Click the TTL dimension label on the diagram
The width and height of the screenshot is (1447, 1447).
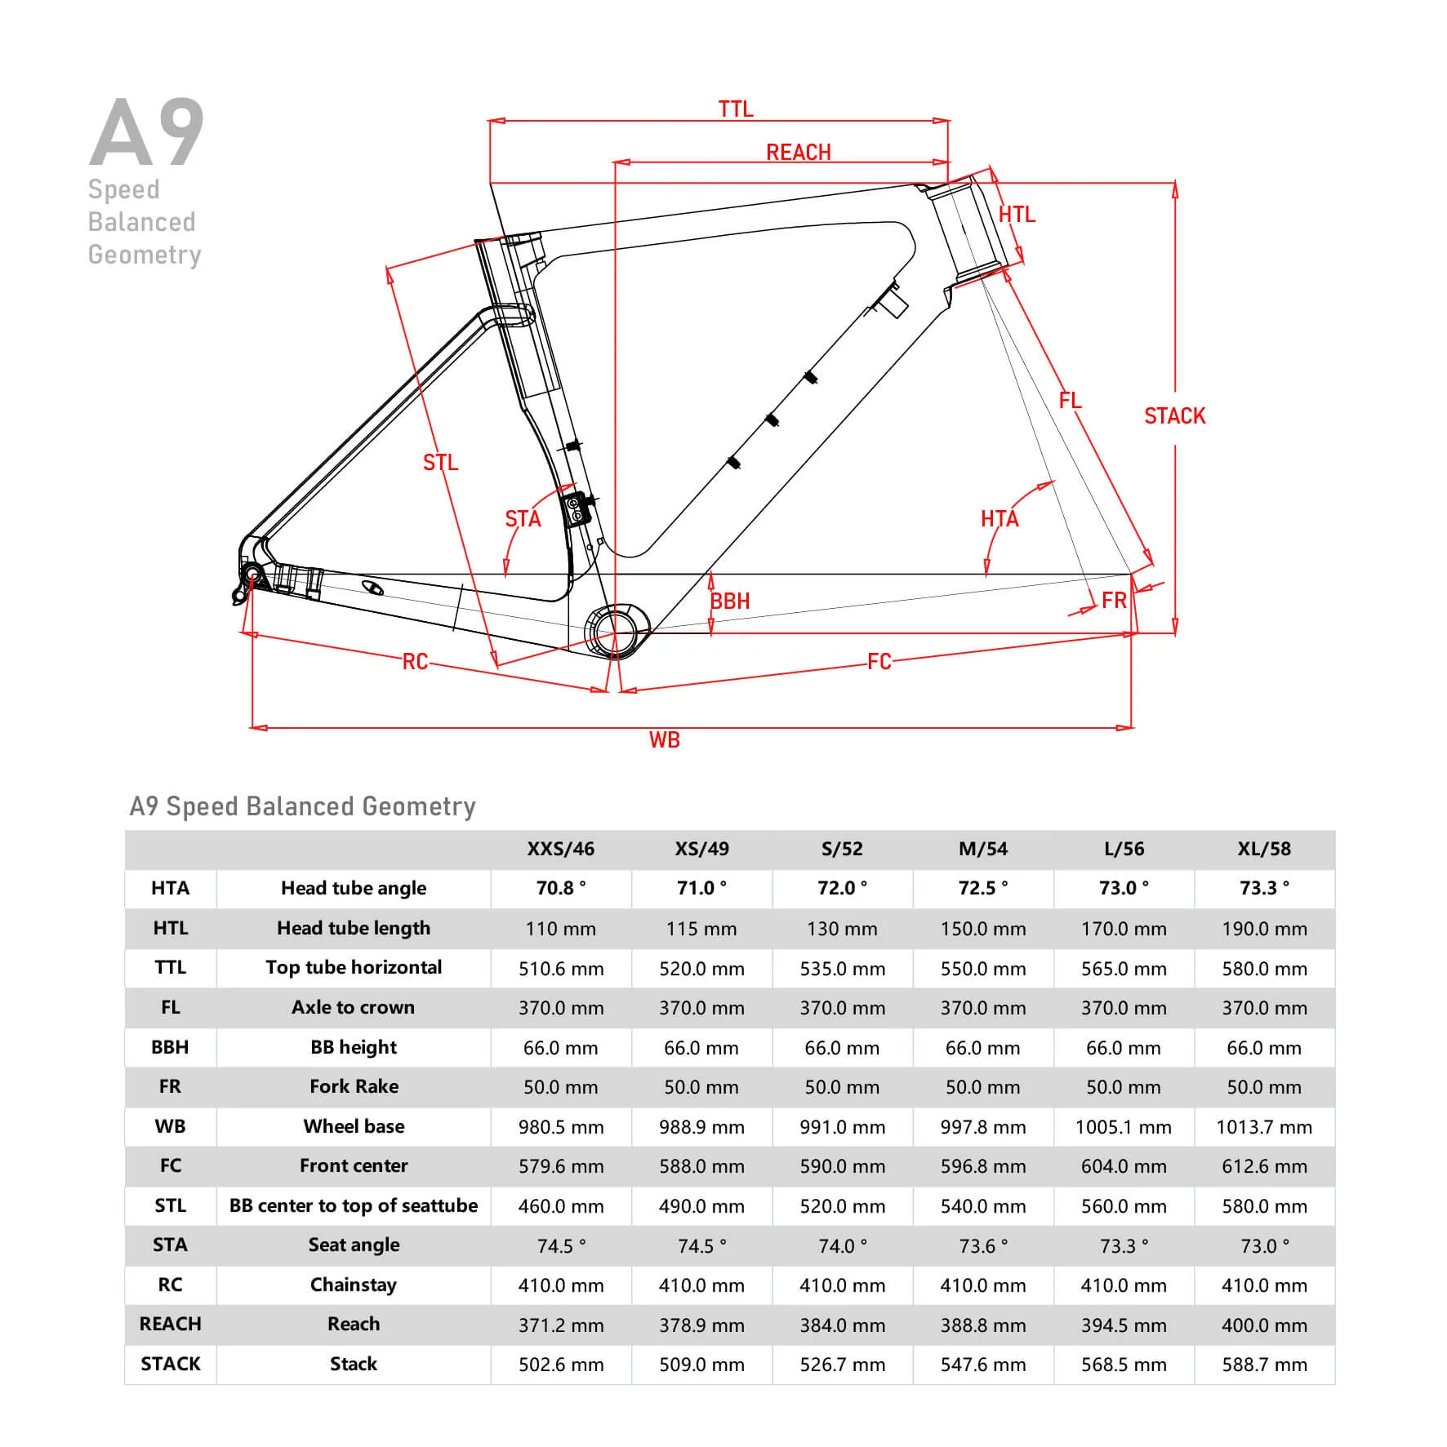[x=735, y=109]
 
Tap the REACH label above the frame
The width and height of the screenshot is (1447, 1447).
[x=798, y=153]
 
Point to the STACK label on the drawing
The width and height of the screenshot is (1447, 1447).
[x=1174, y=416]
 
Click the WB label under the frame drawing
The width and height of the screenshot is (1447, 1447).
[x=664, y=740]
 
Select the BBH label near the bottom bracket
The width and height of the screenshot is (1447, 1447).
[x=729, y=601]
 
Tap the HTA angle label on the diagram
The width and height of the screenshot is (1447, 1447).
[x=1000, y=519]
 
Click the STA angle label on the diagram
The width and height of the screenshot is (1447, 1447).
[x=523, y=519]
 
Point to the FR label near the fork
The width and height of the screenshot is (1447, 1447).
[x=1114, y=601]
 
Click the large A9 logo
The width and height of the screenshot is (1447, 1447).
[x=147, y=132]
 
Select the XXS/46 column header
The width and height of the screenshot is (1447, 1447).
[x=560, y=849]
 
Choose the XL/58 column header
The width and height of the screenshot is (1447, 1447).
[x=1264, y=849]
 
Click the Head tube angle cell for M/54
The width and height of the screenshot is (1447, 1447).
[x=982, y=888]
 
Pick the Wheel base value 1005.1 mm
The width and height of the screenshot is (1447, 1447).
[x=1123, y=1127]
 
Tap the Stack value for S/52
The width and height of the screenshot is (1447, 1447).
[x=842, y=1365]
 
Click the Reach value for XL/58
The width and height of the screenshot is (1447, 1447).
[x=1264, y=1325]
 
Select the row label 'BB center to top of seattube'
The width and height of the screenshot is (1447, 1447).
[x=354, y=1205]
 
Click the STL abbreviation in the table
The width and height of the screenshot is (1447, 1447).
[x=170, y=1205]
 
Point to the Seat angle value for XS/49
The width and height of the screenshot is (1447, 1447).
[x=701, y=1246]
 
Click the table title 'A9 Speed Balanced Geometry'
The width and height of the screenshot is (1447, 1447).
[x=302, y=806]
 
